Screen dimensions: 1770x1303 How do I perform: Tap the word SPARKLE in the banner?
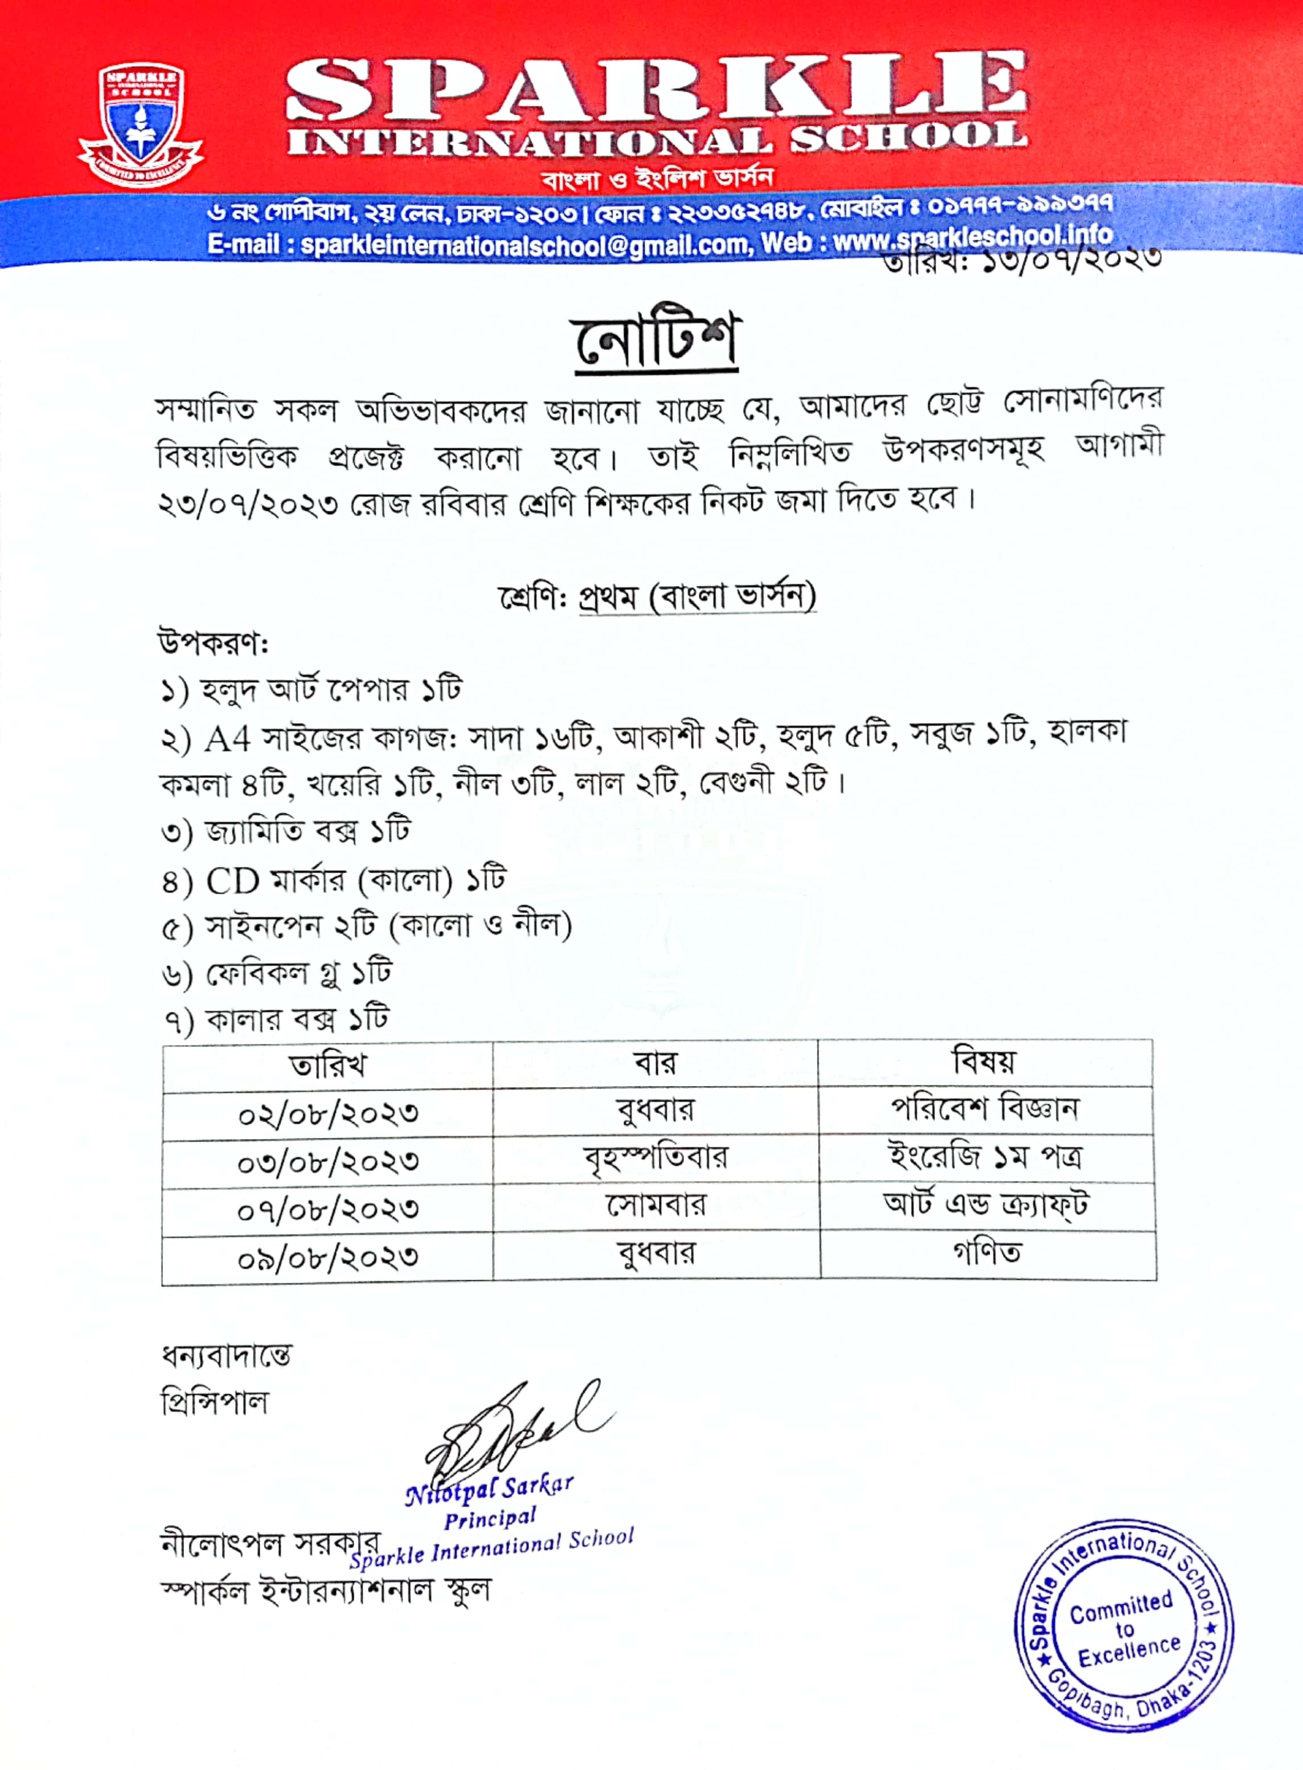click(656, 87)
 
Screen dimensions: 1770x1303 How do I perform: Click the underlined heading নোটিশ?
click(655, 341)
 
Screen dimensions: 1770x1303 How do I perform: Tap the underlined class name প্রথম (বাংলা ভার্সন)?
click(697, 596)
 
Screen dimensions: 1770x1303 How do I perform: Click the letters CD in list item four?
click(233, 881)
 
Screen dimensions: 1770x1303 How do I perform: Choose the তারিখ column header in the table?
click(328, 1066)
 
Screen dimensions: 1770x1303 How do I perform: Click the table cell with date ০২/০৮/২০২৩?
click(328, 1115)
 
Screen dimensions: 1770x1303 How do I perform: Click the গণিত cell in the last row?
click(987, 1252)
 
